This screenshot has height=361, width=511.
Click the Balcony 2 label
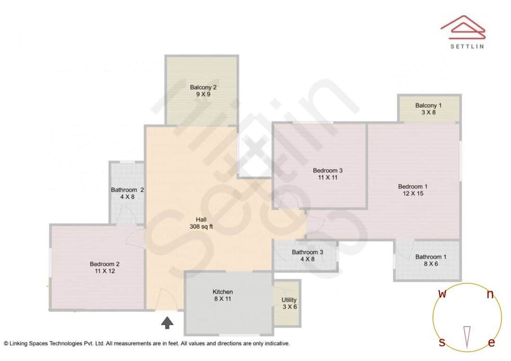pyautogui.click(x=203, y=87)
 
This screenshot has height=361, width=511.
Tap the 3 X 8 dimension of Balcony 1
pyautogui.click(x=429, y=112)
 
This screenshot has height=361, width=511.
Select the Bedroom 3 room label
pyautogui.click(x=327, y=170)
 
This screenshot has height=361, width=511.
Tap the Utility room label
pyautogui.click(x=289, y=300)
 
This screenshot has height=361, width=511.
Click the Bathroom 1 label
pyautogui.click(x=431, y=257)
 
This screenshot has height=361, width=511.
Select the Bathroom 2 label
pyautogui.click(x=127, y=190)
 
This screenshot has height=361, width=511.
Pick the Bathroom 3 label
pyautogui.click(x=307, y=252)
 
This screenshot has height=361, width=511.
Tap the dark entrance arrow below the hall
pyautogui.click(x=167, y=323)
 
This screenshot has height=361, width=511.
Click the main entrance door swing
pyautogui.click(x=166, y=299)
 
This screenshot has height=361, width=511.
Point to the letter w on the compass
pyautogui.click(x=442, y=294)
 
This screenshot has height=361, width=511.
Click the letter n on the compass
pyautogui.click(x=490, y=295)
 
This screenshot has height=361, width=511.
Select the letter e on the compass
pyautogui.click(x=491, y=343)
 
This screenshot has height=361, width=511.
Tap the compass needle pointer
pyautogui.click(x=467, y=336)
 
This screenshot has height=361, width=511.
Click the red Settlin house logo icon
pyautogui.click(x=463, y=27)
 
